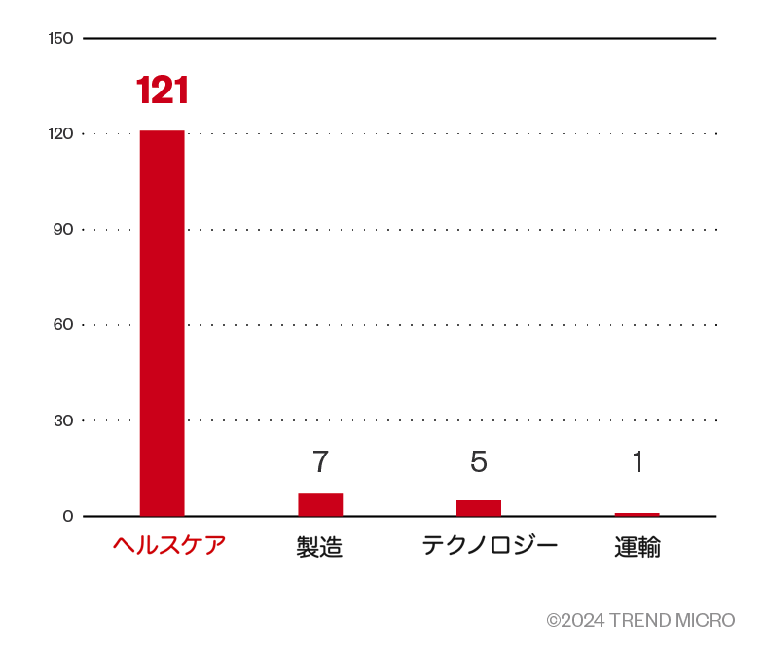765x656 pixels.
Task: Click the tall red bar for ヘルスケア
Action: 162,322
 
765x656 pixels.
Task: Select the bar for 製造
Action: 320,504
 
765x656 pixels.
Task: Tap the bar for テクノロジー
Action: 479,507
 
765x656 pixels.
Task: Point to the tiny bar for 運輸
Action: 637,514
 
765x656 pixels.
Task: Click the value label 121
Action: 162,91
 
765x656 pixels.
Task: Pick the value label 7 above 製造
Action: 320,461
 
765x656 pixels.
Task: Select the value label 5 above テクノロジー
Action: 479,461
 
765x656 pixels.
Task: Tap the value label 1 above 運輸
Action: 637,461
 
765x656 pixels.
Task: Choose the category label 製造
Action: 319,547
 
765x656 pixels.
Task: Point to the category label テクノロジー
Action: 490,545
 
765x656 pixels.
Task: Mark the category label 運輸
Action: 637,547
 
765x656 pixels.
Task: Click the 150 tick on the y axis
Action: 60,38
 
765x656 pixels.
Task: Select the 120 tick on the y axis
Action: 60,133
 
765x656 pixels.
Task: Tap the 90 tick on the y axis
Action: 63,229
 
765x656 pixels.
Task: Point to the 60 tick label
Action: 63,324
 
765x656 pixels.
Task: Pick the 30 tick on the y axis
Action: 63,420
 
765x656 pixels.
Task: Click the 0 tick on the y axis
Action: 68,516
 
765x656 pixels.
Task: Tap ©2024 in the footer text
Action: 575,620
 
